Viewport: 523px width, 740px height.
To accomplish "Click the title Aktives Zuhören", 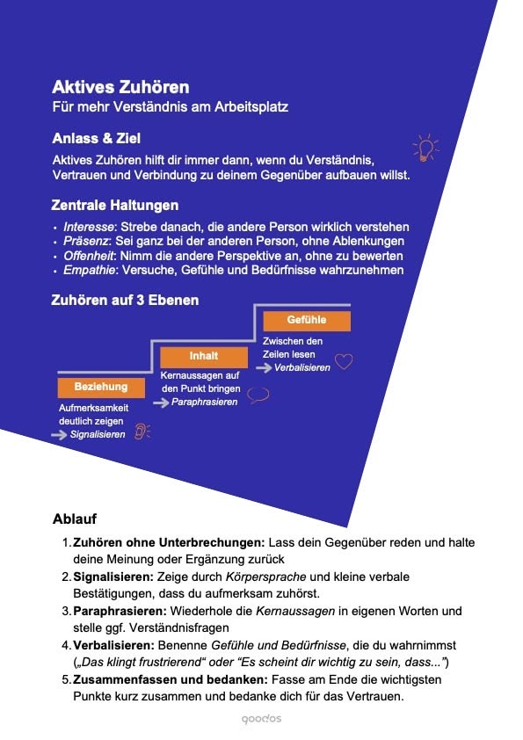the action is click(120, 88).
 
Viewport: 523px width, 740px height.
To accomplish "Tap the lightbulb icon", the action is click(426, 147).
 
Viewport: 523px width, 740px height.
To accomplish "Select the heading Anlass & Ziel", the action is click(96, 139).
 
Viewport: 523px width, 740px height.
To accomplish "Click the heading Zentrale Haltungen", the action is click(115, 206).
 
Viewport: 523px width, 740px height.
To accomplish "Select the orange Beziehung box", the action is click(100, 386).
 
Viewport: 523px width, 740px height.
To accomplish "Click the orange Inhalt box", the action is click(203, 356).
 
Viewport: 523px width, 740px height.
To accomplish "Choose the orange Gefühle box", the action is click(306, 321).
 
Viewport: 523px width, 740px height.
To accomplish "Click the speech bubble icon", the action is click(258, 395).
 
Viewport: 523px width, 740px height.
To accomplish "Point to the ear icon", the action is click(141, 432).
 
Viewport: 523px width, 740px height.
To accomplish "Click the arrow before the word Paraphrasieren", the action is click(161, 402).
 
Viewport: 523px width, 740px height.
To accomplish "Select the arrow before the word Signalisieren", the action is click(62, 434).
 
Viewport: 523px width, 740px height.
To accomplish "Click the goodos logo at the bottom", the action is click(261, 719).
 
